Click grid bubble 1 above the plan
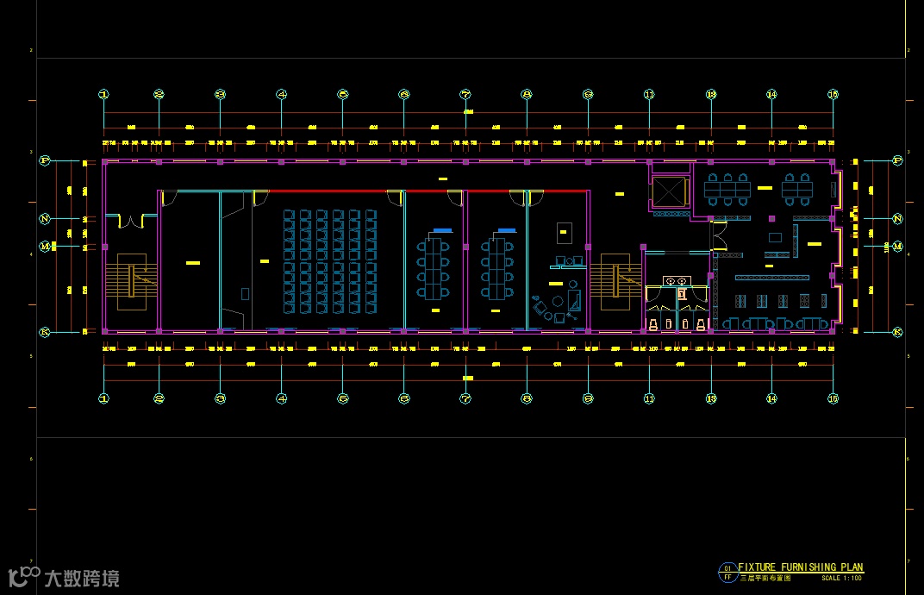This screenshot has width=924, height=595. click(x=104, y=94)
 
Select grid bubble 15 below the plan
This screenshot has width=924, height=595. click(x=833, y=398)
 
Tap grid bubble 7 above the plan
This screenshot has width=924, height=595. click(x=465, y=94)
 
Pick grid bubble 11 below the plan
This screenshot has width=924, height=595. click(x=649, y=398)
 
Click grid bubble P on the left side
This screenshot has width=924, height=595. click(x=45, y=160)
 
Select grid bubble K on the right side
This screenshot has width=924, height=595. click(x=897, y=332)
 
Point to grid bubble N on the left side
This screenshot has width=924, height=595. click(x=45, y=219)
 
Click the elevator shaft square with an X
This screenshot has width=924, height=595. click(x=669, y=191)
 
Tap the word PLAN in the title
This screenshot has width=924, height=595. click(x=851, y=567)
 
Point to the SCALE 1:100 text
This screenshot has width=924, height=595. click(x=841, y=578)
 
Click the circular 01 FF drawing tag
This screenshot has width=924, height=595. click(x=727, y=572)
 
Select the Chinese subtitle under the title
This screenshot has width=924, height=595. click(x=765, y=578)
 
